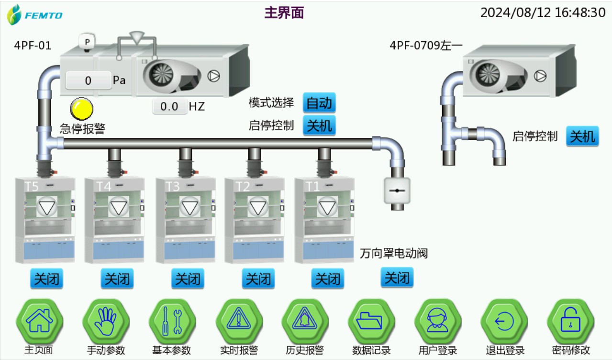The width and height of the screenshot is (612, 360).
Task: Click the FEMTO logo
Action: [x=34, y=15]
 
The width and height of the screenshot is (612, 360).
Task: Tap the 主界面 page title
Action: [x=284, y=13]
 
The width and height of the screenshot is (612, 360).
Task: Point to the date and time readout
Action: [x=543, y=12]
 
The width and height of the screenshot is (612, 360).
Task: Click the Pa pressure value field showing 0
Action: [x=88, y=80]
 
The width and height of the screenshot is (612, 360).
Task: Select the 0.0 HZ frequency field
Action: [x=169, y=106]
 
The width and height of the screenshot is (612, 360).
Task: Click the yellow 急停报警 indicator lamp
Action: [x=81, y=108]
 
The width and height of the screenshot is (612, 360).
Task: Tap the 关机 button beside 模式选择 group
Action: [x=319, y=126]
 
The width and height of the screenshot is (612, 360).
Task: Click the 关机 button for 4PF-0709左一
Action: [x=582, y=136]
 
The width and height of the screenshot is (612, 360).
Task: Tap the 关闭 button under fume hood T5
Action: [x=46, y=279]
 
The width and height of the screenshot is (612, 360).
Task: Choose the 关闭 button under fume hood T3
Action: [x=188, y=279]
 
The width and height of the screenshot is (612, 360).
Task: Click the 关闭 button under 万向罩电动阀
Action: [x=397, y=278]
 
